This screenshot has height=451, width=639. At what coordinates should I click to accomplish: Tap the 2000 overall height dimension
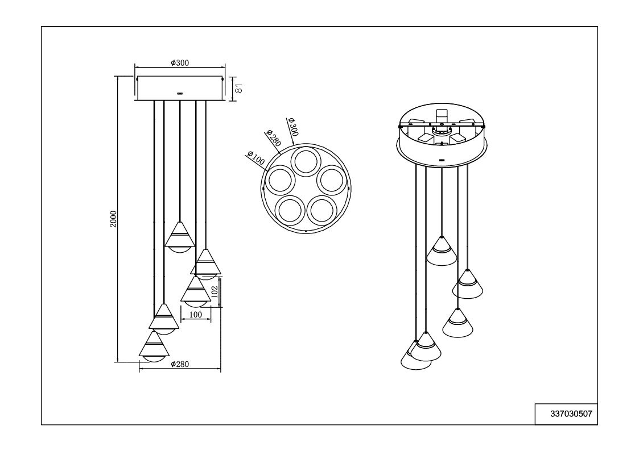[x=114, y=219]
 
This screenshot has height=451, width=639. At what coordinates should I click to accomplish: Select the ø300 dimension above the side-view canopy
[x=180, y=62]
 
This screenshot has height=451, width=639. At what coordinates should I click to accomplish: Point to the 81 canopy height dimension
[x=239, y=88]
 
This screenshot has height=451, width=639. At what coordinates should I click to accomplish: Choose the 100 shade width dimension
[x=196, y=314]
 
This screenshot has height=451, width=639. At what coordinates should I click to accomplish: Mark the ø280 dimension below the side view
[x=180, y=365]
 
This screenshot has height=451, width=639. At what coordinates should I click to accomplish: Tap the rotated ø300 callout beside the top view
[x=293, y=127]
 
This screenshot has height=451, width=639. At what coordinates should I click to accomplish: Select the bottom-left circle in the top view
[x=290, y=210]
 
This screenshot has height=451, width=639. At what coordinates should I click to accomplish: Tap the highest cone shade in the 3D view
[x=442, y=250]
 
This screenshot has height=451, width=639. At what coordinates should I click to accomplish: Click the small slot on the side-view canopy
[x=180, y=93]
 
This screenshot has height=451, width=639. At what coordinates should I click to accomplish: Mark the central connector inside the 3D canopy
[x=441, y=130]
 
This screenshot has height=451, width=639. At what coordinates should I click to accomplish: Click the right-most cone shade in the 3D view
[x=467, y=284]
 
